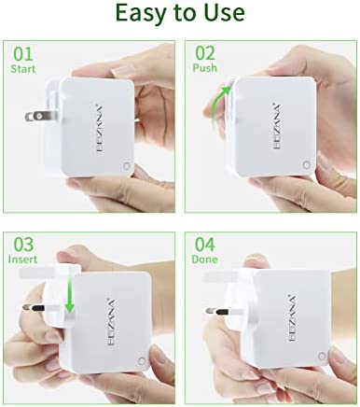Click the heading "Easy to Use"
pos(180,12)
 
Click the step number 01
pos(23,54)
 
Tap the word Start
pos(23,69)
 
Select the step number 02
pos(205,53)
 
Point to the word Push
pos(204,68)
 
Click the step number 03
pos(23,245)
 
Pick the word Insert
pos(22,260)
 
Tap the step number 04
pos(205,245)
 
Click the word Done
pos(204,260)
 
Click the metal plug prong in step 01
pos(41,117)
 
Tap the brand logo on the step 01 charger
pos(100,129)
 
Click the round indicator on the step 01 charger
pos(127,166)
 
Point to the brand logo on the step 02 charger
pos(277,126)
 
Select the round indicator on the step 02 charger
pos(307,165)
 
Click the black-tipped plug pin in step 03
pos(34,308)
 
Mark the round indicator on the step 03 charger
pos(142,361)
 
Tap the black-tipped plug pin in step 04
pos(217,311)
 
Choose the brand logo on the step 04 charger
pos(292,317)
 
